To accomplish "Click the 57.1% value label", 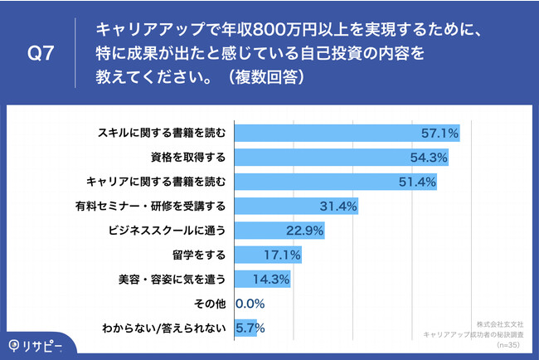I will pos(439,133).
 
